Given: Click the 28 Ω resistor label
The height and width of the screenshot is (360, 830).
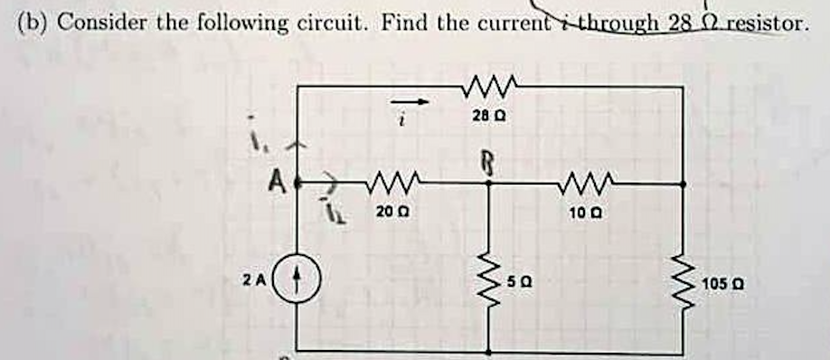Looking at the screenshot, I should click(488, 118).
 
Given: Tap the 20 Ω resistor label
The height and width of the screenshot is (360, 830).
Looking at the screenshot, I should click(385, 211).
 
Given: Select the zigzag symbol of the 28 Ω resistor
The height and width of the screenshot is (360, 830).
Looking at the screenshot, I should click(488, 87).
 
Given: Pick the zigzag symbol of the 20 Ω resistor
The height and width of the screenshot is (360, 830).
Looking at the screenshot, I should click(389, 183).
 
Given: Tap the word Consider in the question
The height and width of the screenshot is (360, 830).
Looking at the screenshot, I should click(94, 22).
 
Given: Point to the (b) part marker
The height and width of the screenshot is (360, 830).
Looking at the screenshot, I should click(33, 22).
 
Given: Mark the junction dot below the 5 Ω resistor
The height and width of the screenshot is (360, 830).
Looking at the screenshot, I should click(489, 352).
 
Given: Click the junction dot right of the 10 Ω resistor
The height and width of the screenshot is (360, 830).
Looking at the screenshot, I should click(683, 183).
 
